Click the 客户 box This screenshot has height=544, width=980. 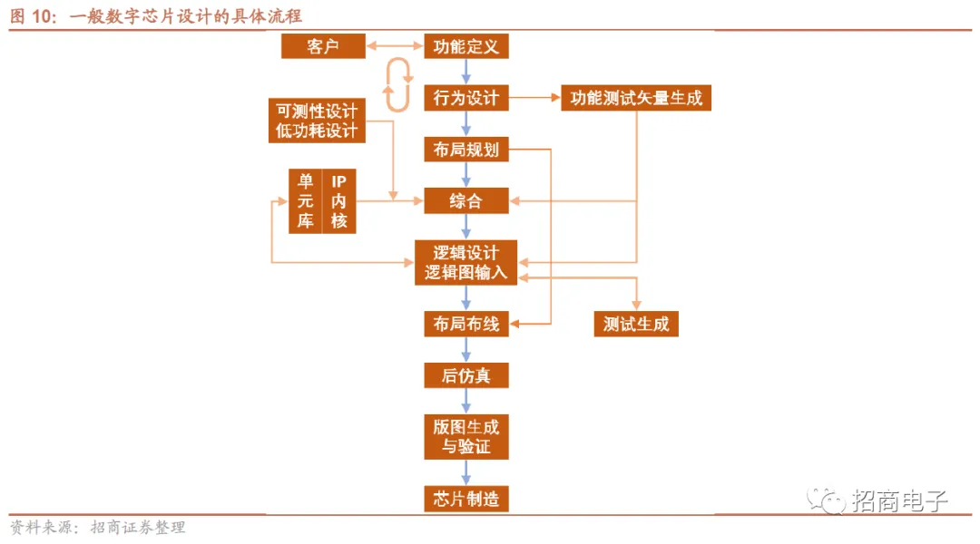[323, 46]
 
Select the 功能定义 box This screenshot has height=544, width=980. [466, 46]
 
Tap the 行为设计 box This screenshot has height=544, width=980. [466, 98]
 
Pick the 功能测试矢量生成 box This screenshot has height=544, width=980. [635, 98]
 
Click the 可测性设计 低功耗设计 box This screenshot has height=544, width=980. [317, 121]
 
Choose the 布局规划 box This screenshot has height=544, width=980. [466, 150]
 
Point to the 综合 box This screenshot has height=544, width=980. [466, 200]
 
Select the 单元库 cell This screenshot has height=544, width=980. [306, 201]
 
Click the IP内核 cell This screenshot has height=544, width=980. [338, 201]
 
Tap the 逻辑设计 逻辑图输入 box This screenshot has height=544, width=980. [466, 262]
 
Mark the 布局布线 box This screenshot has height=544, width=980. [466, 324]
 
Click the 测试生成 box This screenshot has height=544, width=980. [635, 324]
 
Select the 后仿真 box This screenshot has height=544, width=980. [466, 375]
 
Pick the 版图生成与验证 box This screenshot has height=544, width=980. [466, 436]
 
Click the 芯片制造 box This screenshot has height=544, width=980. [466, 499]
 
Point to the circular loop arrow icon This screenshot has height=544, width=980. [397, 84]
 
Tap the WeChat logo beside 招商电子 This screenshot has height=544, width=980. [827, 500]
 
